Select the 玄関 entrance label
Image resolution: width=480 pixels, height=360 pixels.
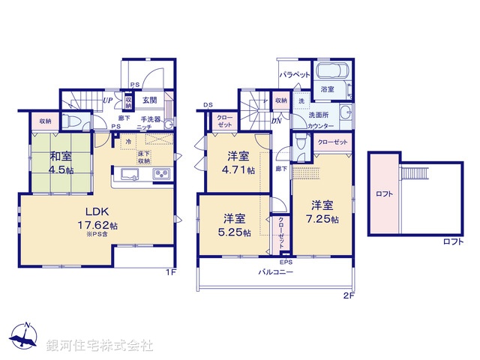click(x=148, y=100)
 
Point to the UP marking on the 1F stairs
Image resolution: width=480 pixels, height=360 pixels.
click(x=108, y=100)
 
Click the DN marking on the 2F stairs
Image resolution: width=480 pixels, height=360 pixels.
click(x=276, y=119)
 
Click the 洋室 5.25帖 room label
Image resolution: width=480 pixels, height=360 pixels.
click(x=234, y=223)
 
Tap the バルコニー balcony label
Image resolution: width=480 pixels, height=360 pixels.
click(x=276, y=272)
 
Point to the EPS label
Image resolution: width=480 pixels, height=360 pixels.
click(x=286, y=262)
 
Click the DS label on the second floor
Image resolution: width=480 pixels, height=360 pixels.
click(x=207, y=105)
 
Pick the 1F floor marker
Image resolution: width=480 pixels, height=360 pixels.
click(x=171, y=272)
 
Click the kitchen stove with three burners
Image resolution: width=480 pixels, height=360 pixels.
click(x=162, y=175)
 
